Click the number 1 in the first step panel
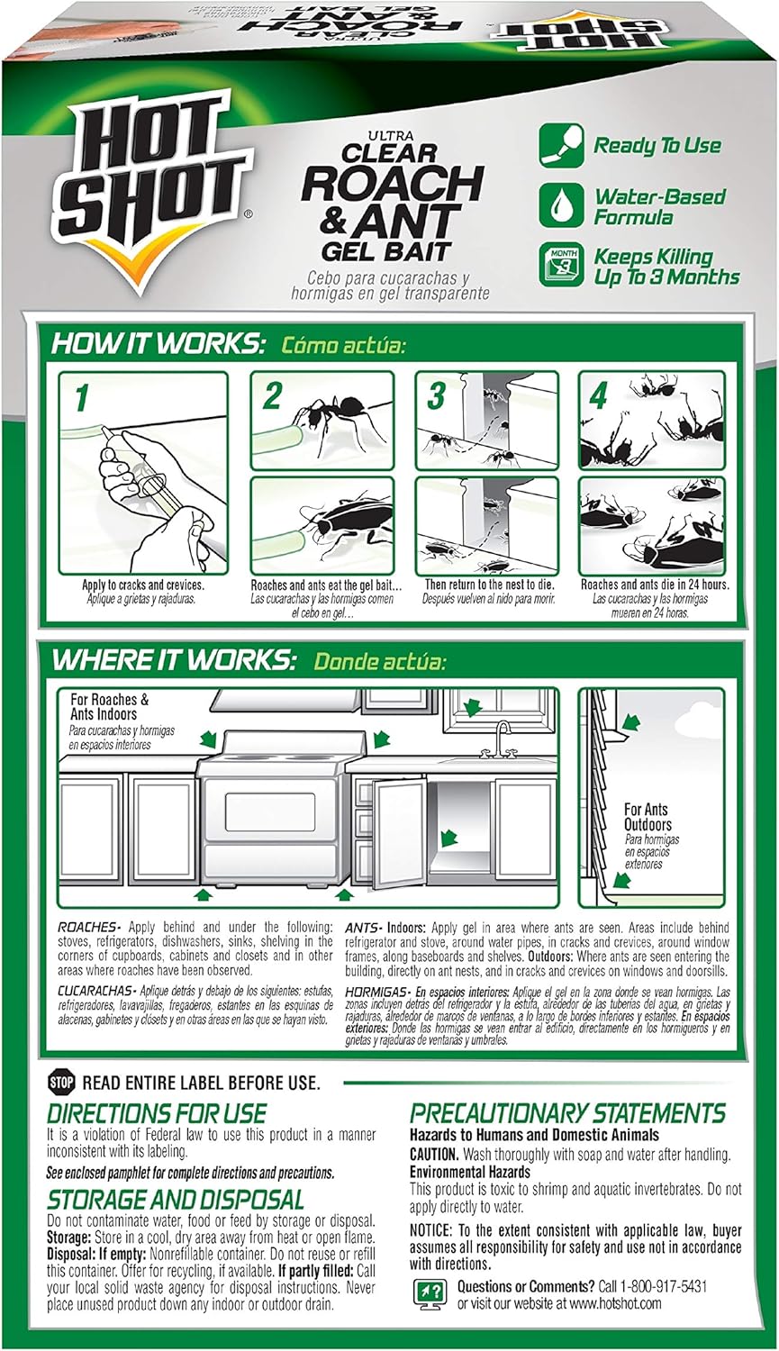pos(81,399)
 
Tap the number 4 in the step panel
pos(599,397)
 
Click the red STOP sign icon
pos(61,1082)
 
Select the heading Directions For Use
pos(157,1113)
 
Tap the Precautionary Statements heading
pos(567,1113)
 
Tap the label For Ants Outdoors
pos(648,817)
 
